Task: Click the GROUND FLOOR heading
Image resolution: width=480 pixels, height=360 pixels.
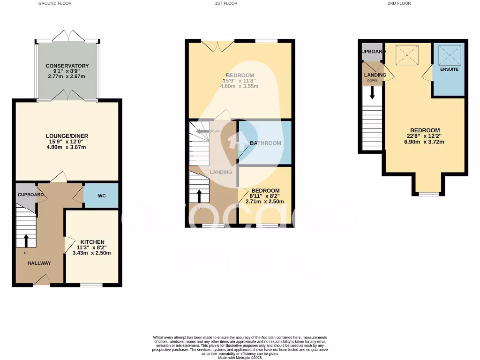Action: (55, 3)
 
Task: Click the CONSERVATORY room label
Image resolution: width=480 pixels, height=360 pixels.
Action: (67, 66)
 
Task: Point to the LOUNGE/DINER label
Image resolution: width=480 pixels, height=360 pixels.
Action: (67, 136)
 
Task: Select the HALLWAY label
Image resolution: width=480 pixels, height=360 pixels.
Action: (39, 263)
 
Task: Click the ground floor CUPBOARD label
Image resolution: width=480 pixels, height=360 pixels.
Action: (31, 195)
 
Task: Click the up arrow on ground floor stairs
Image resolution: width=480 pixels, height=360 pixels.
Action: (26, 240)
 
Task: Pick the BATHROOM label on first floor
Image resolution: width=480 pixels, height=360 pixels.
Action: (265, 143)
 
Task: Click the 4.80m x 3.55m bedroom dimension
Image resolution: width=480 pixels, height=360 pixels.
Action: (240, 86)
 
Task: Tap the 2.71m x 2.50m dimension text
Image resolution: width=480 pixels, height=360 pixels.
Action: (265, 202)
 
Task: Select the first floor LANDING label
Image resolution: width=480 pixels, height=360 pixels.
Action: (221, 172)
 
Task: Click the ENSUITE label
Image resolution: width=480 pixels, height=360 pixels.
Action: (449, 69)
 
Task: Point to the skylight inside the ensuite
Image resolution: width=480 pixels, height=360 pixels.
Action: (449, 55)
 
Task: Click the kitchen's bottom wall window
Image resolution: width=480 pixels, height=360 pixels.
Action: (91, 285)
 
